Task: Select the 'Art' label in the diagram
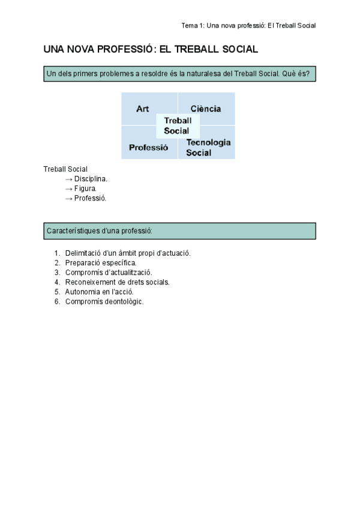click(x=143, y=109)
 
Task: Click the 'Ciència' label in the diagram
click(x=206, y=109)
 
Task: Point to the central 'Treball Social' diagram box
click(x=178, y=125)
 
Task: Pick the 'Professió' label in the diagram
click(x=149, y=147)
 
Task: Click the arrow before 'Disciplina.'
click(x=68, y=179)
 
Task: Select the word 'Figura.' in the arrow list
click(x=85, y=188)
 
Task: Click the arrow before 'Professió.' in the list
click(x=68, y=198)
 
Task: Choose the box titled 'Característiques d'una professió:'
click(x=179, y=231)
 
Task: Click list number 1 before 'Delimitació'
click(x=57, y=253)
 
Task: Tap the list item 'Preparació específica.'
click(x=101, y=263)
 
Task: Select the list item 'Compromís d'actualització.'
click(x=108, y=273)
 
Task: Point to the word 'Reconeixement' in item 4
click(x=88, y=282)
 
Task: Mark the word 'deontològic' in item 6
click(x=124, y=301)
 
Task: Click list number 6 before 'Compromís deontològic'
click(x=57, y=301)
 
